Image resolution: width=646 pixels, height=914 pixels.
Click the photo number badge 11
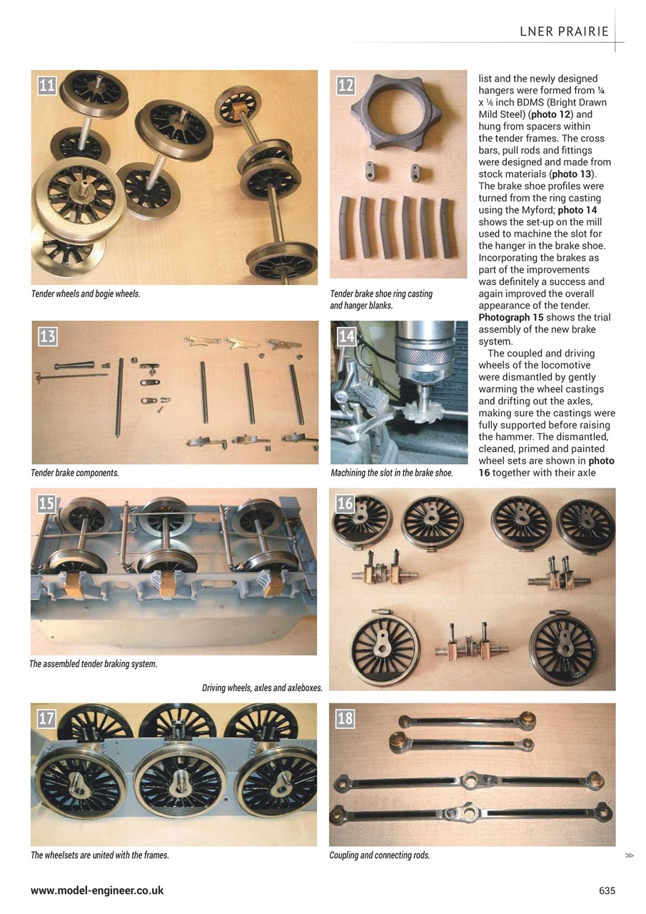click(47, 86)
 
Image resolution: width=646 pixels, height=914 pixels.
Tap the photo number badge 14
click(346, 336)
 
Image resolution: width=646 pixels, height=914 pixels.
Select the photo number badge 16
click(345, 503)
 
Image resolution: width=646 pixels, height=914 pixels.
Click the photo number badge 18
click(345, 718)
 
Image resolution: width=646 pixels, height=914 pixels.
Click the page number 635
click(607, 890)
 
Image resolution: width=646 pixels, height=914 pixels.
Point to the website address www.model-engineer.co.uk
click(97, 890)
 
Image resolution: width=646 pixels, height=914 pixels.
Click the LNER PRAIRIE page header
click(564, 31)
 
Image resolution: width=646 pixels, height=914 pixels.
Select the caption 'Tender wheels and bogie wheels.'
click(86, 293)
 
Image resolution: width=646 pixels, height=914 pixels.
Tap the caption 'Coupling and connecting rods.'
click(379, 855)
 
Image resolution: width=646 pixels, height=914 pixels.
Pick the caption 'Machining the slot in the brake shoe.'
click(392, 473)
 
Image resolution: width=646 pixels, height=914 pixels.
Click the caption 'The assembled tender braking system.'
click(94, 664)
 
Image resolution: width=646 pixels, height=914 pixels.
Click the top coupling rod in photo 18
click(468, 723)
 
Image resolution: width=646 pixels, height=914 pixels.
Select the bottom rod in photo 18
click(471, 813)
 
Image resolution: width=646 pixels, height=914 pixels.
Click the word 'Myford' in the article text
click(528, 210)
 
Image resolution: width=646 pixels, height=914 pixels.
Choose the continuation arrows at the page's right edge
click(629, 855)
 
